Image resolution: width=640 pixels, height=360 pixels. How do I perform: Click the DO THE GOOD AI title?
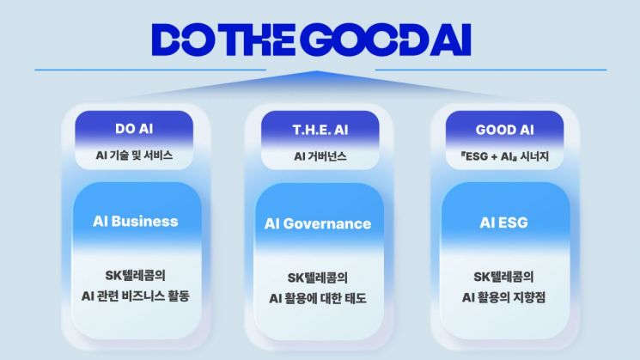(x=312, y=40)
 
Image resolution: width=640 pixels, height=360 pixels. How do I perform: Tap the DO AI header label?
(x=134, y=129)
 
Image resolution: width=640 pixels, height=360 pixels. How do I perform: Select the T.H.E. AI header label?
(x=320, y=130)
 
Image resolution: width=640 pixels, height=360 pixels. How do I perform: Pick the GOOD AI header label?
(x=504, y=130)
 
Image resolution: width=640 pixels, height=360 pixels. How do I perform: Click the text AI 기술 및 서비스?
(x=134, y=156)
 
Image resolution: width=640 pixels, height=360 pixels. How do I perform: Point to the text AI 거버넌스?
(x=320, y=156)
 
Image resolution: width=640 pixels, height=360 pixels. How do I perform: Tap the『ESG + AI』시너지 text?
(x=504, y=156)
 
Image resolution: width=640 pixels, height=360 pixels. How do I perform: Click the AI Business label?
(x=136, y=221)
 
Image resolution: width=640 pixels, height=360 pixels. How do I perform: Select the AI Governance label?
(x=318, y=223)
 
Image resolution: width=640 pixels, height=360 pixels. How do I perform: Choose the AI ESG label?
(x=503, y=223)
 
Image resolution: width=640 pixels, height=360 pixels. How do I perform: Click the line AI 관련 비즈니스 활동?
(x=136, y=296)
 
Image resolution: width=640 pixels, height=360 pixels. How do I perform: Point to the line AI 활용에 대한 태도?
(x=318, y=298)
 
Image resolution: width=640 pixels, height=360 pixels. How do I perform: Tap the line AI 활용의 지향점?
(x=503, y=296)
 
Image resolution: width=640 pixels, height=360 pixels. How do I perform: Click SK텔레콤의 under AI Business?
(x=136, y=275)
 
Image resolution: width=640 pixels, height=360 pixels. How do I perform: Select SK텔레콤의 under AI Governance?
(x=318, y=278)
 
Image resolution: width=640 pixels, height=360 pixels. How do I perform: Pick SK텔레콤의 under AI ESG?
(x=503, y=277)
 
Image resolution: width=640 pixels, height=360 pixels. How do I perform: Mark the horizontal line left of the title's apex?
(x=150, y=70)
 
